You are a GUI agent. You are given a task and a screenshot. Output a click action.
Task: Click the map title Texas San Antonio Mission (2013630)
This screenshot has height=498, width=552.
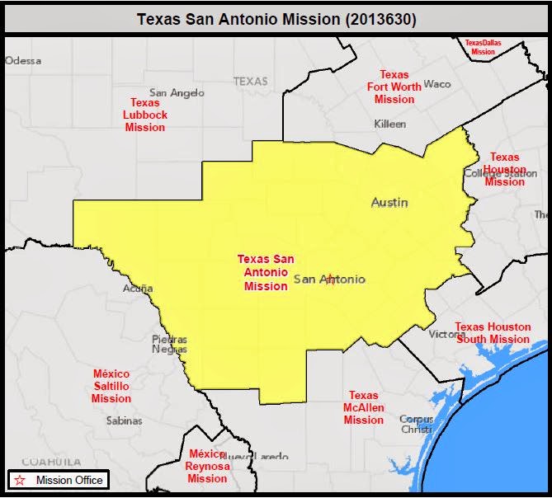276,16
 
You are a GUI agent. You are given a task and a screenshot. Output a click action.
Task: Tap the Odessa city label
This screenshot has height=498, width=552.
23,60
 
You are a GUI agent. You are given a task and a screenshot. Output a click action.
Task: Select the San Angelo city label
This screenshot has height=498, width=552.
177,92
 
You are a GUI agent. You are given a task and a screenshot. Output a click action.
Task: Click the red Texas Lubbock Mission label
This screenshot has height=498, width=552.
145,115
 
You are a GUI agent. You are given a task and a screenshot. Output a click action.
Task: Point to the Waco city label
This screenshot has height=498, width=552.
437,84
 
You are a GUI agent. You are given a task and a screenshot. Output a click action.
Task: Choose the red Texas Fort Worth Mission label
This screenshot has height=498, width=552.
394,87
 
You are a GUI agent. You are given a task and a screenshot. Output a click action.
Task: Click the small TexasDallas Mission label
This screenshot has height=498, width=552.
483,46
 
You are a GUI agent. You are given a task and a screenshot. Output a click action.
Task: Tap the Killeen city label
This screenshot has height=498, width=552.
390,124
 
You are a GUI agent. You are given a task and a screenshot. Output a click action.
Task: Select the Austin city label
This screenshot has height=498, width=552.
389,202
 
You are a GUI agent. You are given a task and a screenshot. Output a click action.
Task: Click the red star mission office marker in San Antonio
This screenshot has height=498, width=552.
331,280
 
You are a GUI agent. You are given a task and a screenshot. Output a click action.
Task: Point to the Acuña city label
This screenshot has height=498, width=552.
138,289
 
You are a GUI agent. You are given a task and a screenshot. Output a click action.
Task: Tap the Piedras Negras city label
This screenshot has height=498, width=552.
169,344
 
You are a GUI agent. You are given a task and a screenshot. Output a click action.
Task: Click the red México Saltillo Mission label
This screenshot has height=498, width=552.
111,386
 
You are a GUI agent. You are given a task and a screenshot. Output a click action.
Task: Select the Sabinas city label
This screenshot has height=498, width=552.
124,420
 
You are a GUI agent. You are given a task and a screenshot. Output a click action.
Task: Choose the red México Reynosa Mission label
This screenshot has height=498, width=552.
207,466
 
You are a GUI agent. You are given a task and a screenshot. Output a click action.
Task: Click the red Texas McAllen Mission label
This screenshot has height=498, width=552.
364,407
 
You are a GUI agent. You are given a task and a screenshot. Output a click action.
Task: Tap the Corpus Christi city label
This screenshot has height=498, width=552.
416,424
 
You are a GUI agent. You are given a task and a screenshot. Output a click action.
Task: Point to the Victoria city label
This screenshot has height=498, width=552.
446,334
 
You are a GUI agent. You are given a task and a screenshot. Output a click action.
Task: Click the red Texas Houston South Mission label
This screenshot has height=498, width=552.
493,333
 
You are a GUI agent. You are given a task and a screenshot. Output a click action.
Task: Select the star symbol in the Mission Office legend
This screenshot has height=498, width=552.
20,480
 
